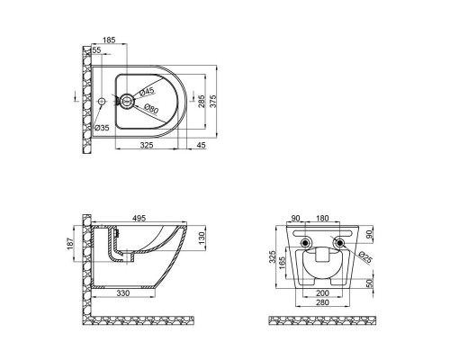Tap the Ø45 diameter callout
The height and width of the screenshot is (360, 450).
click(148, 89)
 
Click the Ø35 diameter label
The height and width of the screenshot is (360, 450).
click(103, 127)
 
